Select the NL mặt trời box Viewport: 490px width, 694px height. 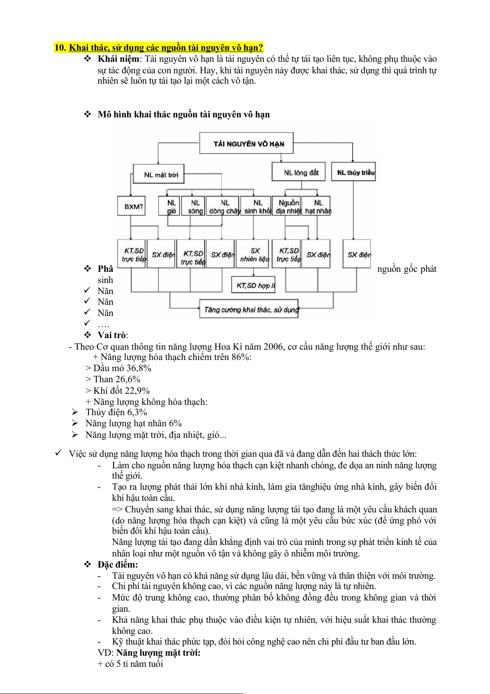click(159, 175)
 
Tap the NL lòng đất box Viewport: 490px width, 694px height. click(298, 172)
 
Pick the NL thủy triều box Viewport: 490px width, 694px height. click(354, 173)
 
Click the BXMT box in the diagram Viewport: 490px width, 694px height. click(132, 206)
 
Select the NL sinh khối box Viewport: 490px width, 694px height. click(256, 206)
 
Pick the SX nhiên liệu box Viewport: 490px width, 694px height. click(254, 254)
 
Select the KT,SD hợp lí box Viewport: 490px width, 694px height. click(253, 285)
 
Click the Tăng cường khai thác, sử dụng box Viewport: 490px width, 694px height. click(249, 309)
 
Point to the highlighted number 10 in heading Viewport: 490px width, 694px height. click(60, 48)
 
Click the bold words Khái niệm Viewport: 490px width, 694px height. click(118, 59)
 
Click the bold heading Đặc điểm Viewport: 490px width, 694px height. click(117, 565)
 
